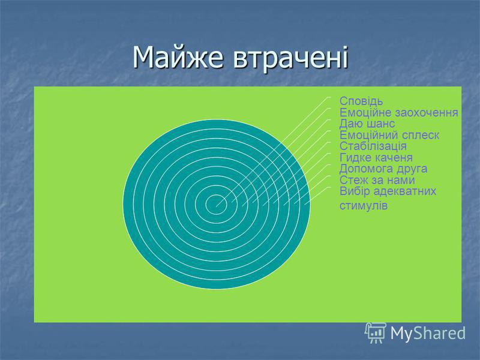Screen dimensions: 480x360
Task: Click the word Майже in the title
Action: pyautogui.click(x=178, y=58)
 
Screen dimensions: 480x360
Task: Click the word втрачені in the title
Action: pyautogui.click(x=291, y=57)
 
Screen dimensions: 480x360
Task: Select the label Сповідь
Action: pyautogui.click(x=361, y=101)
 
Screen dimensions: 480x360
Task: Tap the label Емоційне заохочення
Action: pyautogui.click(x=399, y=112)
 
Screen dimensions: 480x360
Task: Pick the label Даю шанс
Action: pyautogui.click(x=367, y=124)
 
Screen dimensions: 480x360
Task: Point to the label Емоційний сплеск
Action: pyautogui.click(x=389, y=135)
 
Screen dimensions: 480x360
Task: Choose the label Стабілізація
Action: pyautogui.click(x=373, y=146)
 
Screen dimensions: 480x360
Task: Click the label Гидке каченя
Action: pyautogui.click(x=376, y=157)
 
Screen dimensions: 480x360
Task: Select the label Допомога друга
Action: pyautogui.click(x=383, y=169)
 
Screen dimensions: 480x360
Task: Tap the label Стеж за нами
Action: pyautogui.click(x=377, y=180)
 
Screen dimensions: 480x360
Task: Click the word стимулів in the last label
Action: pyautogui.click(x=364, y=205)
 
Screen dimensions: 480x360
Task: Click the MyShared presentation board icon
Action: pyautogui.click(x=376, y=333)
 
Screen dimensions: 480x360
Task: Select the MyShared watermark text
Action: pyautogui.click(x=428, y=333)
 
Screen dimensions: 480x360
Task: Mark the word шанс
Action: pyautogui.click(x=381, y=124)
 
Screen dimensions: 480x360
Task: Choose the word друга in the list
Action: pyautogui.click(x=412, y=169)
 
